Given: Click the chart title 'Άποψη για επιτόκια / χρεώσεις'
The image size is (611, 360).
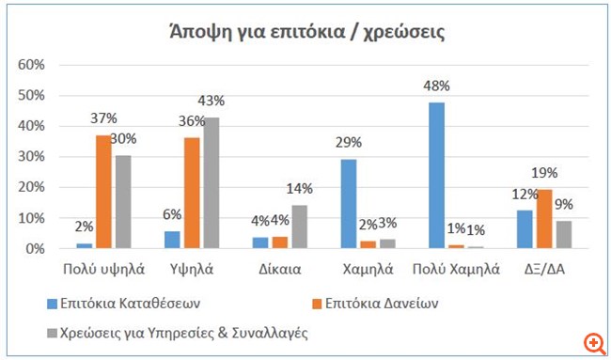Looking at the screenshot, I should pyautogui.click(x=305, y=32).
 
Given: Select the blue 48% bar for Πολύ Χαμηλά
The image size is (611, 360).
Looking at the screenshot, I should pyautogui.click(x=436, y=175).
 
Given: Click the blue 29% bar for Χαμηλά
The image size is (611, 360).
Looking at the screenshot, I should pyautogui.click(x=349, y=204).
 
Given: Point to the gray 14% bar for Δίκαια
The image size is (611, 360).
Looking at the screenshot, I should pyautogui.click(x=300, y=227).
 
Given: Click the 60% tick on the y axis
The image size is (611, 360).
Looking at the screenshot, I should pyautogui.click(x=33, y=64).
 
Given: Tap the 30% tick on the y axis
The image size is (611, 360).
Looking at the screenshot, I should pyautogui.click(x=33, y=157).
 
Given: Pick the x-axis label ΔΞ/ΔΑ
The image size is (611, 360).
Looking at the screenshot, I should pyautogui.click(x=543, y=269).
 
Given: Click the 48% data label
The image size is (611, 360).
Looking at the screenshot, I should pyautogui.click(x=436, y=86).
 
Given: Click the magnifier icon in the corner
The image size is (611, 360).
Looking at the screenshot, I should pyautogui.click(x=593, y=343).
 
